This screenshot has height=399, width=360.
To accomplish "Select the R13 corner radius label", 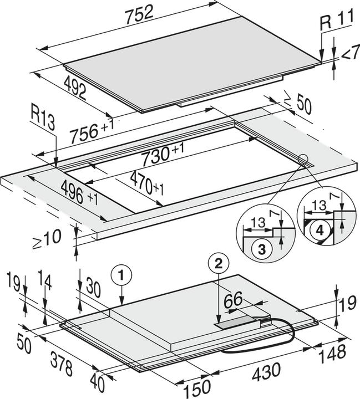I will click(x=42, y=122).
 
